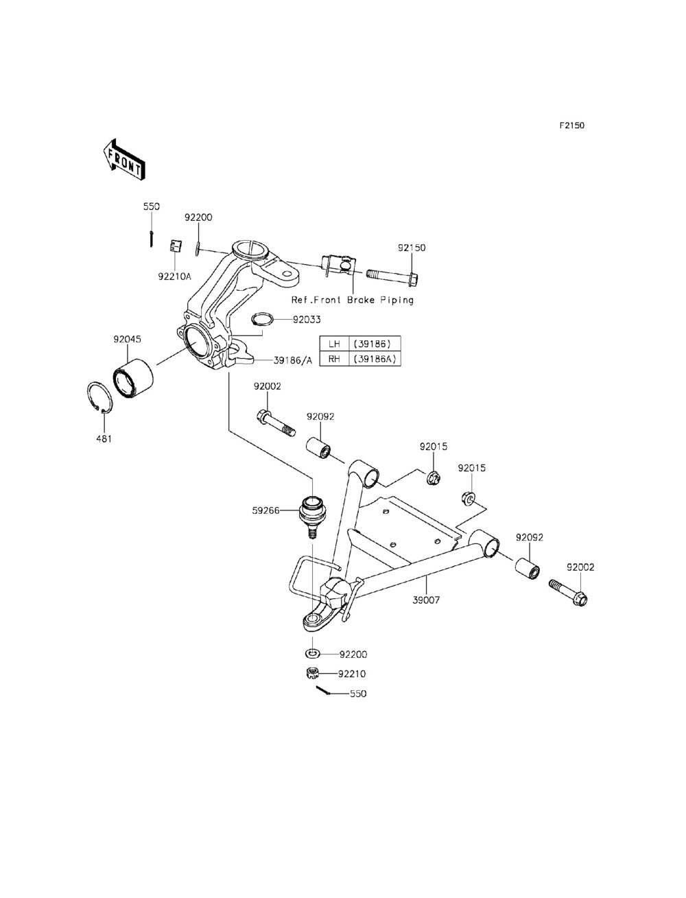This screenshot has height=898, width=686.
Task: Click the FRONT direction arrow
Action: pos(123,160)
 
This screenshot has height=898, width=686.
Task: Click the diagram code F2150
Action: pos(572,126)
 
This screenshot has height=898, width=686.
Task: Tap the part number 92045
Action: pos(127,339)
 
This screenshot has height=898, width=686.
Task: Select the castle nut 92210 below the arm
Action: pos(313,673)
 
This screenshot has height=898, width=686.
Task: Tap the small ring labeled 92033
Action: pos(263,319)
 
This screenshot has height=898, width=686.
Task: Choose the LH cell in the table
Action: pos(334,344)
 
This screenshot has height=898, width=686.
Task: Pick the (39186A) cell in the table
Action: pos(375,359)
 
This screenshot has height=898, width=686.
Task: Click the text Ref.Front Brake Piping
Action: pos(352,300)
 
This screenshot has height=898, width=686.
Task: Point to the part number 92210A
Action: pos(175,276)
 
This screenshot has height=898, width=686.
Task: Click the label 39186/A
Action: pos(292,360)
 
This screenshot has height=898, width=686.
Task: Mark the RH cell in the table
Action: pos(334,359)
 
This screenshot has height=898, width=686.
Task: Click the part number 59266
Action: pos(265,510)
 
